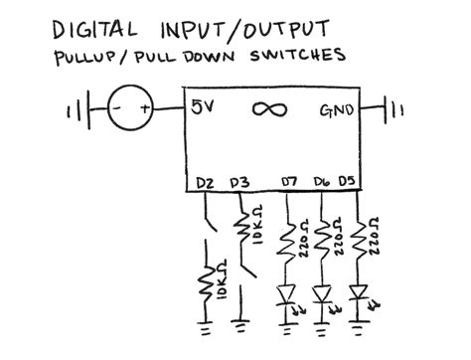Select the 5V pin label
click(203, 108)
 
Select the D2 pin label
click(206, 181)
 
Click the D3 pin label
click(238, 181)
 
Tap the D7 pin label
click(290, 181)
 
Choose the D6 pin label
click(320, 181)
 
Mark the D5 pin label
click(347, 181)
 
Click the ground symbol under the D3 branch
click(240, 324)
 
